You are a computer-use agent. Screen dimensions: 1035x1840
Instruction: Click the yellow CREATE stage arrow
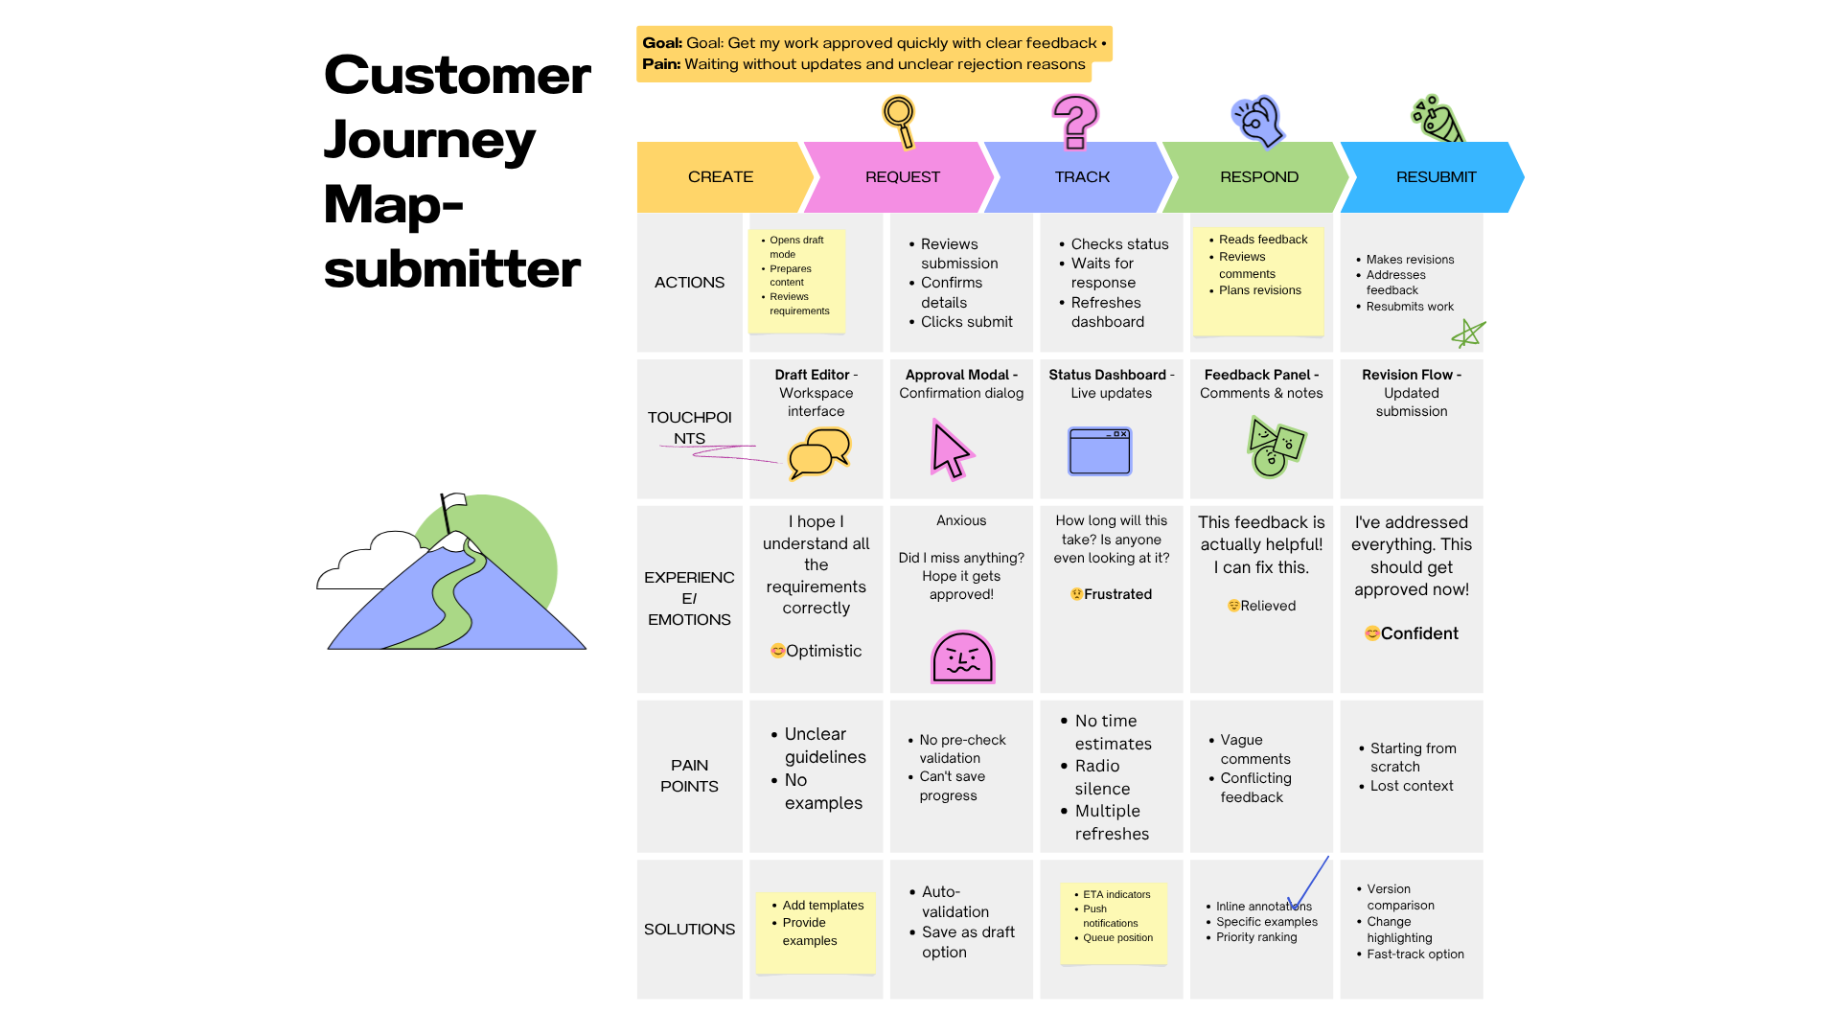721,177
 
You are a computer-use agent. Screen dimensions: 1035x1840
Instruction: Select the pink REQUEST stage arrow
902,177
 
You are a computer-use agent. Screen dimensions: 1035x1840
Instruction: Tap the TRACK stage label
1082,177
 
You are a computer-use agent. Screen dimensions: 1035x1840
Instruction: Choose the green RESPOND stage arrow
1258,177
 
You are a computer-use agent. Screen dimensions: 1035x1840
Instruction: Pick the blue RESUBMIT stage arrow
1435,177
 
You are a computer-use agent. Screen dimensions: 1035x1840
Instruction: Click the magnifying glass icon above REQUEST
900,121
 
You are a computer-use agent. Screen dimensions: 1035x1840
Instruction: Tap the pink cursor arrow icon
951,449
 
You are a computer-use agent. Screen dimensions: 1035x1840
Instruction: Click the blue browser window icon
1099,451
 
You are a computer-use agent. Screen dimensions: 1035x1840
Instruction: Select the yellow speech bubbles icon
819,453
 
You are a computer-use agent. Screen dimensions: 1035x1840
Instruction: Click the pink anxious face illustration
962,657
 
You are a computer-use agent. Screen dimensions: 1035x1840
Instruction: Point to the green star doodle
1467,334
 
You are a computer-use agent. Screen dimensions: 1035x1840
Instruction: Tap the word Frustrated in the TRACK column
1117,594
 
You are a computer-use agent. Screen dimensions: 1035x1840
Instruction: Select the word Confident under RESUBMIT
1419,633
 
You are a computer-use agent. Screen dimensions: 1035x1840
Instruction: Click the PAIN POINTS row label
689,775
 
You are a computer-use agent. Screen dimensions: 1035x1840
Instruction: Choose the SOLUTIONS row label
689,930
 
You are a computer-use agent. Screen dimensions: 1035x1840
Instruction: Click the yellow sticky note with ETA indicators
1114,923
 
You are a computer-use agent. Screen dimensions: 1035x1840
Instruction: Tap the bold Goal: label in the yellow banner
662,43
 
